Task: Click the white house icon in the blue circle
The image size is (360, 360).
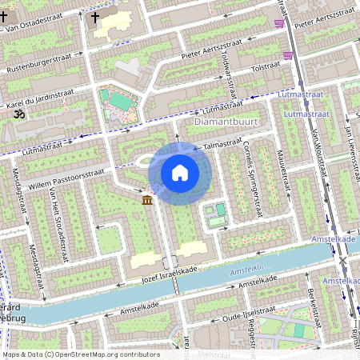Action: coord(180,172)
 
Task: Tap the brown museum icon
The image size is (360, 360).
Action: coord(148,199)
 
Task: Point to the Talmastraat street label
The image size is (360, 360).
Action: coord(222,142)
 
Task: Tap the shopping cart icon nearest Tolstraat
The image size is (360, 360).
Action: coord(287,54)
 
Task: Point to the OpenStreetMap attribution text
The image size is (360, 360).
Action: coord(80,354)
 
